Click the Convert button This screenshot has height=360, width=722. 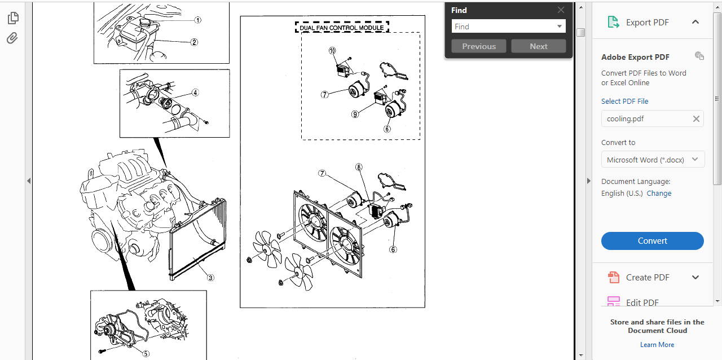652,241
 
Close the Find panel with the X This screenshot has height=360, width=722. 561,10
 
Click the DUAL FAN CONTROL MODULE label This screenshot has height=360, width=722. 342,28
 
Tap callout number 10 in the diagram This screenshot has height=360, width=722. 332,51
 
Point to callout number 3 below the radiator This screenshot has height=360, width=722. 210,277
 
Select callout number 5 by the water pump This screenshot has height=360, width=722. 146,354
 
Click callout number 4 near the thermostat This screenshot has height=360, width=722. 195,93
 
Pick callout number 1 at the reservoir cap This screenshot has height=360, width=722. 198,20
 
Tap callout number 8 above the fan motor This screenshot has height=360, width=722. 359,167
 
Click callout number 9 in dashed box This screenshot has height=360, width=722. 355,114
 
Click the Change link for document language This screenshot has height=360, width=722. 659,193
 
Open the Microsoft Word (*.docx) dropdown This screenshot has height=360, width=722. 652,160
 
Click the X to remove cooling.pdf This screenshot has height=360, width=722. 696,118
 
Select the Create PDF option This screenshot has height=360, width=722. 648,277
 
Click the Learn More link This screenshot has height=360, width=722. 657,345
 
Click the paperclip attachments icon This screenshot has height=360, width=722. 12,38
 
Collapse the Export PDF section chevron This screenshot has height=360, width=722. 695,22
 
